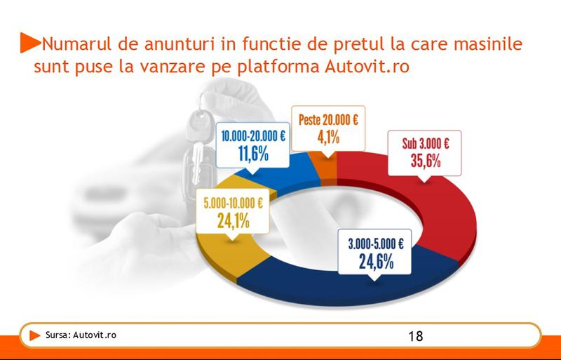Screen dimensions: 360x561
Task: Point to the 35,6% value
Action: [426, 161]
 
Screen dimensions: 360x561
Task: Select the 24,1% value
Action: [233, 222]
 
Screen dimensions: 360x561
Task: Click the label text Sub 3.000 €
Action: [426, 145]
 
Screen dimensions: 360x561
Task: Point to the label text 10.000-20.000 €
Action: [253, 138]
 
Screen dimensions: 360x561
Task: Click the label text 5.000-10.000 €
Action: [233, 204]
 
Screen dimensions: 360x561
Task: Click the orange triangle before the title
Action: [28, 43]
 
